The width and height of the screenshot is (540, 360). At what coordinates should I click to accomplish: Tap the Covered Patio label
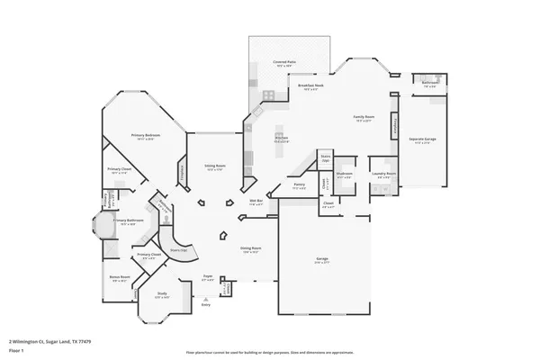(x=285, y=61)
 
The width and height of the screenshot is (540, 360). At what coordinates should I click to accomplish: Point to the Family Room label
(x=364, y=118)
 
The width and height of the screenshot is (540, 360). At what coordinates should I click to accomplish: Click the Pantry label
(x=299, y=184)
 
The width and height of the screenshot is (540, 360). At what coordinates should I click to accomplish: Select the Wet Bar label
(x=256, y=202)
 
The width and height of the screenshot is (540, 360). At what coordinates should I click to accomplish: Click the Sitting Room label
(x=214, y=166)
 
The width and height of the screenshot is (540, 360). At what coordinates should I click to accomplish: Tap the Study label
(x=162, y=293)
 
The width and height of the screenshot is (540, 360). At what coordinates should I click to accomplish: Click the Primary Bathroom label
(x=124, y=220)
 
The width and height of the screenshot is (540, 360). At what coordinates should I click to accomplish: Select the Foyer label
(x=207, y=276)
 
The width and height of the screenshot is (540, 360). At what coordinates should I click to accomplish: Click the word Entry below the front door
(x=206, y=305)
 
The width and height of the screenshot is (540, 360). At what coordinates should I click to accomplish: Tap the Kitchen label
(x=281, y=138)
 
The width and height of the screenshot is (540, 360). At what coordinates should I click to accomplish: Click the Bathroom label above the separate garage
(x=429, y=83)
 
